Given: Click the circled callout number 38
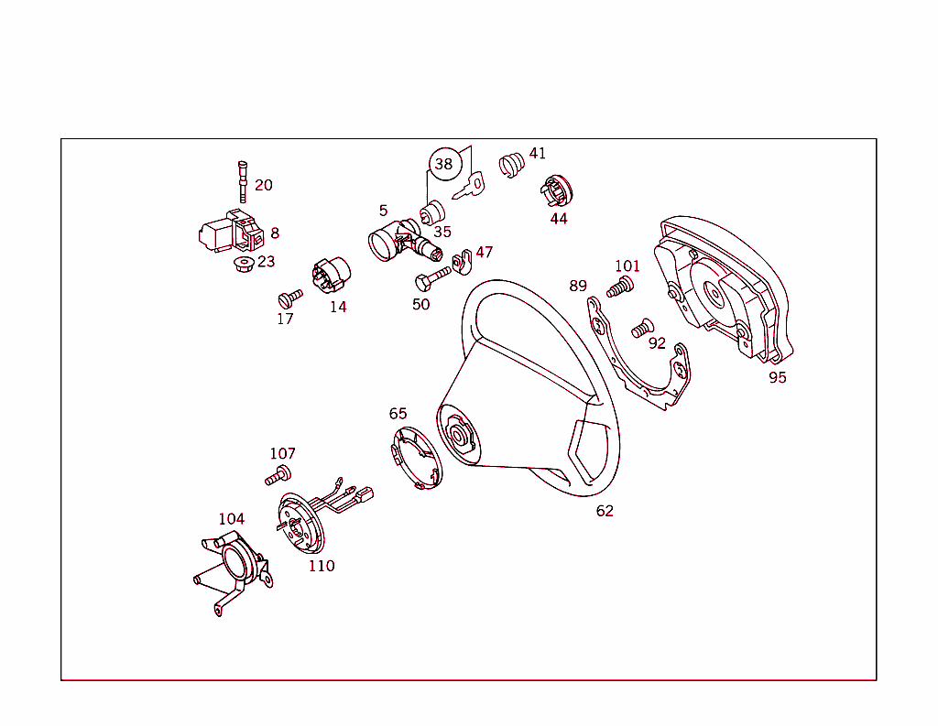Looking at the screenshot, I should (443, 165).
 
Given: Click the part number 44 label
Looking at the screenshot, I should (559, 219).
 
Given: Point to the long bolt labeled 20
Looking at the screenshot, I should (243, 180).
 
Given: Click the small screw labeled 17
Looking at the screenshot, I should (289, 298).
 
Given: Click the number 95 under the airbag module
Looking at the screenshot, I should (777, 377).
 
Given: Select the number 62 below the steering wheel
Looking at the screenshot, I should (605, 511).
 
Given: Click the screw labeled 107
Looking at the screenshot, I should (278, 475).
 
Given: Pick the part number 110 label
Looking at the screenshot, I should (321, 566).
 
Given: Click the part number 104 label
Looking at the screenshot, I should (231, 519).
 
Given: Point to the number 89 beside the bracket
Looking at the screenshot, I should (578, 286).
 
